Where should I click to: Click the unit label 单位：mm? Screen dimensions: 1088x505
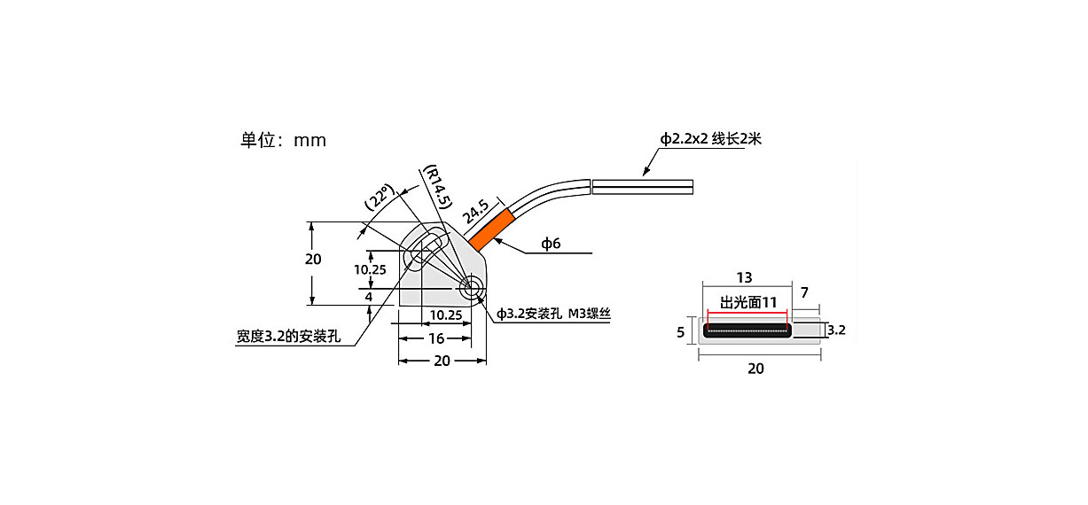point(283,140)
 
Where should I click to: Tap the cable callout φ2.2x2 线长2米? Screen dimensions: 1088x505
point(710,139)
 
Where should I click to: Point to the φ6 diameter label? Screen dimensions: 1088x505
point(551,243)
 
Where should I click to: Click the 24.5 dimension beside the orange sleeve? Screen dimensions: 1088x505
point(476,212)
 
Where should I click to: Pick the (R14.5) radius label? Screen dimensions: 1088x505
point(438,187)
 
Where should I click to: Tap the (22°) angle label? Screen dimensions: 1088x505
point(380,197)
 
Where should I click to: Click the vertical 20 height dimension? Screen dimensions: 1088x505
point(313,259)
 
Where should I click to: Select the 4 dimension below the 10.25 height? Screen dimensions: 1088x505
point(369,297)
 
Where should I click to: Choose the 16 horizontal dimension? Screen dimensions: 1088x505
point(436,338)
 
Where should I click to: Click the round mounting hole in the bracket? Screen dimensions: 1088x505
point(471,288)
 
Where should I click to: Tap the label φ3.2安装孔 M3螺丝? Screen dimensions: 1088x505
point(553,314)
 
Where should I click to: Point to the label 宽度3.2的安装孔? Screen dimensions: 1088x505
point(288,336)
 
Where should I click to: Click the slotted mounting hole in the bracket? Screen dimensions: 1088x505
point(427,250)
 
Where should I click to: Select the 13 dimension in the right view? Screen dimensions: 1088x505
point(744,277)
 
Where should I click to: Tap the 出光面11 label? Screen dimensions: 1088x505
point(748,303)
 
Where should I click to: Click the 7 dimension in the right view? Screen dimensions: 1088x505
point(804,292)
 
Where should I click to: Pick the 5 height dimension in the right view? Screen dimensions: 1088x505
point(680,332)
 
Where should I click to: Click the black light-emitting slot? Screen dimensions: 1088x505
point(748,330)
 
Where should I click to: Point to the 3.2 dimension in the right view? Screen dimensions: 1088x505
point(836,330)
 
